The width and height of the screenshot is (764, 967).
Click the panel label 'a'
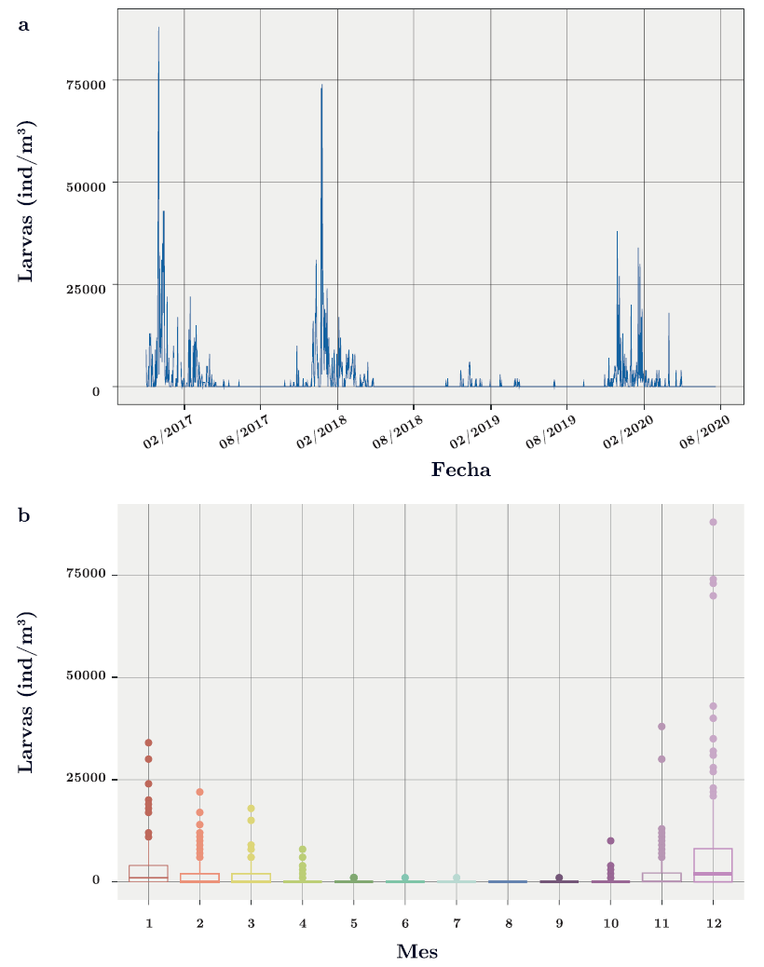pyautogui.click(x=24, y=25)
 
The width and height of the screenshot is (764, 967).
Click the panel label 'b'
pyautogui.click(x=24, y=514)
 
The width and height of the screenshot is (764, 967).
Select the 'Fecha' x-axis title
pyautogui.click(x=460, y=470)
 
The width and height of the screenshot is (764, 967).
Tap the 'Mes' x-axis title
pyautogui.click(x=417, y=951)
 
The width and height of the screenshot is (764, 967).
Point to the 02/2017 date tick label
pyautogui.click(x=166, y=433)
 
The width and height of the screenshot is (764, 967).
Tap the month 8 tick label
pyautogui.click(x=508, y=922)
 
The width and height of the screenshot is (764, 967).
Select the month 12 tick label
pyautogui.click(x=713, y=922)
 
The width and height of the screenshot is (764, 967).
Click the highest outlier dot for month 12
pyautogui.click(x=713, y=522)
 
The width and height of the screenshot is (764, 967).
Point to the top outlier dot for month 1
pyautogui.click(x=148, y=742)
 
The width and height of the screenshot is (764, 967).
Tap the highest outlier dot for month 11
pyautogui.click(x=662, y=727)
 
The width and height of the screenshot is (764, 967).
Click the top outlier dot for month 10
pyautogui.click(x=610, y=840)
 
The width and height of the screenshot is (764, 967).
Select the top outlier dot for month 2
pyautogui.click(x=199, y=792)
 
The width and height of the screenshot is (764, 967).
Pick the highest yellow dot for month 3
pyautogui.click(x=251, y=809)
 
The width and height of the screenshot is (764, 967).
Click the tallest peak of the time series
pyautogui.click(x=158, y=30)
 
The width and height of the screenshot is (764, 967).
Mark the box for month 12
pyautogui.click(x=713, y=865)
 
